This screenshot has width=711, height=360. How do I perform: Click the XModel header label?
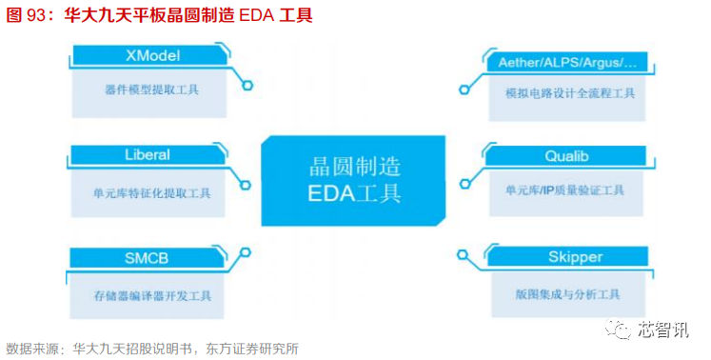coord(152,55)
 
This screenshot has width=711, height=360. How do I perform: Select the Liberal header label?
coord(147,154)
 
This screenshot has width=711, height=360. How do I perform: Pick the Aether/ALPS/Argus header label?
coord(566,62)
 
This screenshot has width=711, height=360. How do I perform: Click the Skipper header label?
coord(563,257)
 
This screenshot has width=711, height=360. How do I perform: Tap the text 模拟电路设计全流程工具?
coord(570,94)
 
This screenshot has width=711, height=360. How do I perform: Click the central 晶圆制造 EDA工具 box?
coord(355,178)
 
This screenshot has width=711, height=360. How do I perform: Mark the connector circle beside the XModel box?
coord(247,86)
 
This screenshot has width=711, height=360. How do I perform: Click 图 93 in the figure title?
coord(29,16)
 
